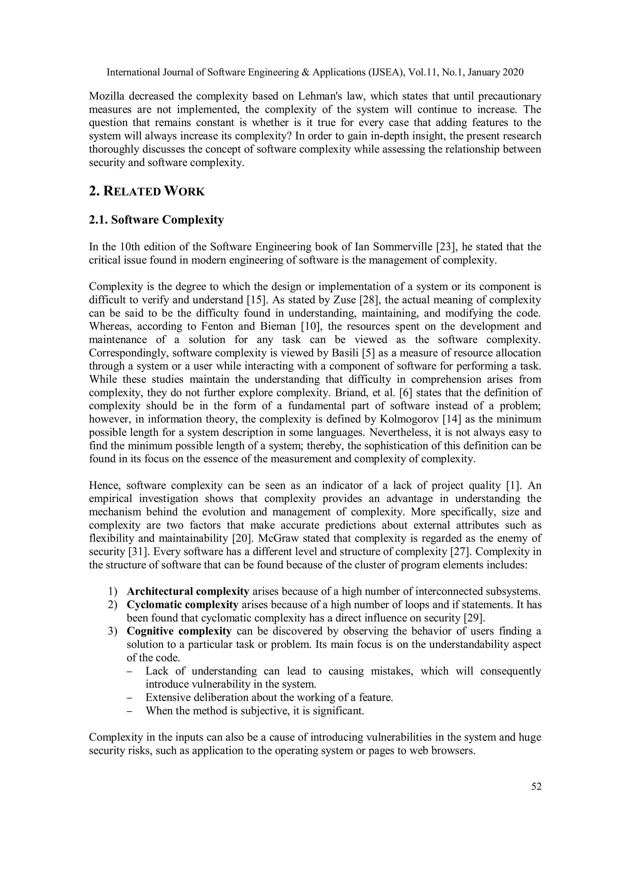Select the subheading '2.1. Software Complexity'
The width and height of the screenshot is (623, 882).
pos(156,220)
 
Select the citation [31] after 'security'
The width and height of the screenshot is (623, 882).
pos(136,552)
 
